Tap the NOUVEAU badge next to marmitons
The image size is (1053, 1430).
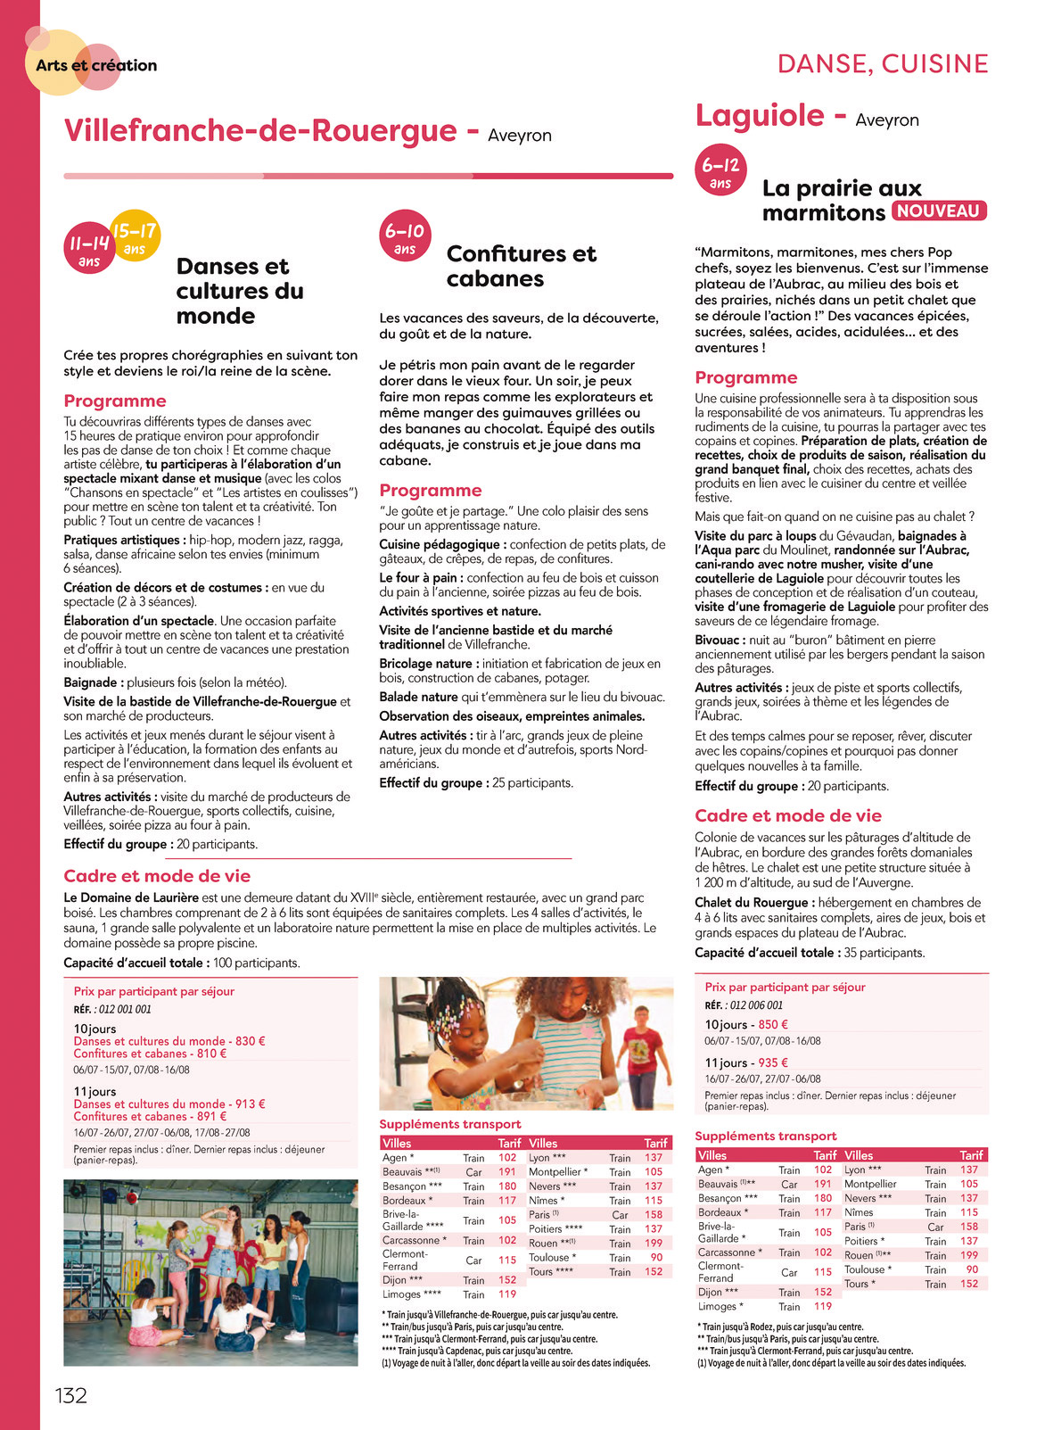pos(938,211)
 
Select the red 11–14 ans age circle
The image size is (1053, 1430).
pos(88,248)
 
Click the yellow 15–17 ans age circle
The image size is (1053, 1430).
pos(136,236)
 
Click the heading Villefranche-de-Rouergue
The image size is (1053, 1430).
pos(259,131)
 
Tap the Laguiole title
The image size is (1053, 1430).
pos(760,115)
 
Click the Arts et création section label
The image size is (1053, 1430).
pos(96,65)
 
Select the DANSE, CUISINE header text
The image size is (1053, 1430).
pos(883,64)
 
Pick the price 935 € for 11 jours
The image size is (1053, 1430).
pos(772,1062)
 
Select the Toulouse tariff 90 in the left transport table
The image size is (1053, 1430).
pos(656,1258)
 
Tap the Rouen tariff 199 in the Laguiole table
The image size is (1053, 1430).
pos(969,1255)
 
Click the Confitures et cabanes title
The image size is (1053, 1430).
pos(521,266)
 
